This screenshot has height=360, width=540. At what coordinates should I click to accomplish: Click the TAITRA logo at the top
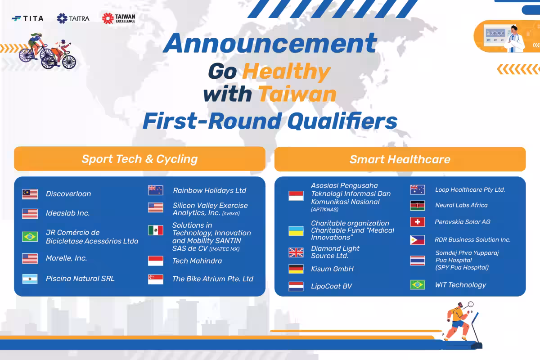[x=73, y=18]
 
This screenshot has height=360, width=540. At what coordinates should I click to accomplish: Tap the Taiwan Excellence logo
[x=119, y=18]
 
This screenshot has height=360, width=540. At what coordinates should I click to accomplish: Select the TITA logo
[x=27, y=18]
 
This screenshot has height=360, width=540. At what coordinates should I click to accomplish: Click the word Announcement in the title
[x=270, y=43]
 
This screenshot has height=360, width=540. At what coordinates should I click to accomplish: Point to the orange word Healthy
[x=286, y=72]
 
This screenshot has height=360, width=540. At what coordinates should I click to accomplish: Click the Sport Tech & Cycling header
[x=139, y=159]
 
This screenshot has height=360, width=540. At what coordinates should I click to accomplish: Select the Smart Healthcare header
[x=400, y=159]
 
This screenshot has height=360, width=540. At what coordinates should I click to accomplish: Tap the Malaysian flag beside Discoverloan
[x=30, y=194]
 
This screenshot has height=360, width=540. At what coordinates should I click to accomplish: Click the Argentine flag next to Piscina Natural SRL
[x=30, y=279]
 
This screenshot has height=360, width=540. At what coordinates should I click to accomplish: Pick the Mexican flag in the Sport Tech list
[x=156, y=230]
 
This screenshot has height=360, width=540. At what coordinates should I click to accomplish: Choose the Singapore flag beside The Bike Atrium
[x=156, y=279]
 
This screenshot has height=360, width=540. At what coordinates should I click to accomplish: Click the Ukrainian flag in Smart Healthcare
[x=296, y=231]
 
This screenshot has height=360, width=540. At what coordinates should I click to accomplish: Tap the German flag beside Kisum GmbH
[x=296, y=269]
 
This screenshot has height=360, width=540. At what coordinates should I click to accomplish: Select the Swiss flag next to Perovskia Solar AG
[x=418, y=222]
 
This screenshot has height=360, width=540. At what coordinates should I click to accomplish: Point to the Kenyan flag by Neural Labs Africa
[x=418, y=206]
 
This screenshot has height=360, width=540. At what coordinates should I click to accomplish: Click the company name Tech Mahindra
[x=197, y=261]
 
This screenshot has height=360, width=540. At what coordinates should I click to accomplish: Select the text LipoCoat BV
[x=332, y=286]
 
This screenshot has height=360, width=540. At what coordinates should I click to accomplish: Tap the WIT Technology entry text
[x=461, y=285]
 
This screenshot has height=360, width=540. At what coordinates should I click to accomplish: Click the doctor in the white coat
[x=515, y=39]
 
